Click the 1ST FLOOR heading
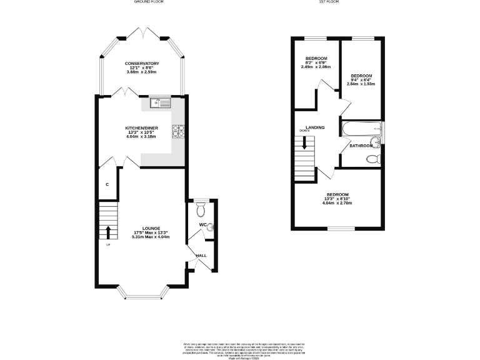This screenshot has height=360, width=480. [x=328, y=2]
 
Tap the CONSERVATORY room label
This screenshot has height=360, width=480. [x=142, y=64]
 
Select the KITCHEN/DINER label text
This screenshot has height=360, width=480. [x=142, y=126]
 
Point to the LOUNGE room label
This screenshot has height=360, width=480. [x=151, y=228]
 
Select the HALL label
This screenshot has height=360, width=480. [x=201, y=255]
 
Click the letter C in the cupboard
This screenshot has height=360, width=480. [x=107, y=184]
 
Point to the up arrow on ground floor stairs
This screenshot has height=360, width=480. [x=109, y=232]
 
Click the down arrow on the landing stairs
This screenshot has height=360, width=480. [x=304, y=142]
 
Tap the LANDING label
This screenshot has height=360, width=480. [x=314, y=127]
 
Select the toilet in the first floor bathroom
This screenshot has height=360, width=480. [x=374, y=159]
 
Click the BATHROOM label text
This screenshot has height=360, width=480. [x=361, y=146]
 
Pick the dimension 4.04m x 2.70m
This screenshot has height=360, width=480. [x=336, y=203]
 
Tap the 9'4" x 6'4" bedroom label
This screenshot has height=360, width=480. [x=361, y=79]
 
